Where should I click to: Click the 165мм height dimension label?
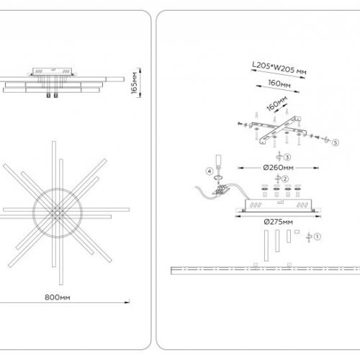[x=135, y=83]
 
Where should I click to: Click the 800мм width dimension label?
[x=58, y=297]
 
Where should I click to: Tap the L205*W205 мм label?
[x=279, y=68]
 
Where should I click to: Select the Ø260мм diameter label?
[x=278, y=168]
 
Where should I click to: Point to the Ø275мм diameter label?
[x=279, y=222]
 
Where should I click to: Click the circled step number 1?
[x=318, y=237]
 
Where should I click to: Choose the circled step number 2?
[x=285, y=179]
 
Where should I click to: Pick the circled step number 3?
[x=287, y=157]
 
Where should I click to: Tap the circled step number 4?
[x=210, y=171]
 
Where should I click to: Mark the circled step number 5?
[x=336, y=143]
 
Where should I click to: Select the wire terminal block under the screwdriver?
[x=221, y=189]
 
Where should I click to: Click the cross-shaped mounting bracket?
[x=279, y=130]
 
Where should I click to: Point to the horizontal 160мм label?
[x=279, y=84]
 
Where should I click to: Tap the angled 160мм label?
[x=276, y=104]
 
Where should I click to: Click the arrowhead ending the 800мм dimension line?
[x=127, y=302]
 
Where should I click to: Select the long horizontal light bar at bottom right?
[x=266, y=271]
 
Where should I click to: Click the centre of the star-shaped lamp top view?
[x=58, y=212]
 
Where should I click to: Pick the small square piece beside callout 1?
[x=297, y=232]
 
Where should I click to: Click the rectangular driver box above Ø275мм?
[x=278, y=205]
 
